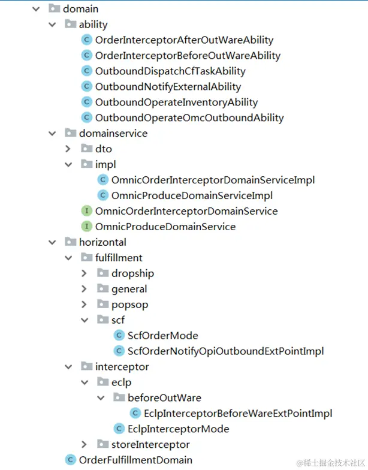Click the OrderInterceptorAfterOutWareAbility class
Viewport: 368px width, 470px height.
point(184,40)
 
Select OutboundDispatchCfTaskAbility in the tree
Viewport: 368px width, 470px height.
point(170,71)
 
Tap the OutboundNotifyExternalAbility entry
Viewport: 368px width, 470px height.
point(168,87)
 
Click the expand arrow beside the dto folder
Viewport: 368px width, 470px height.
point(68,149)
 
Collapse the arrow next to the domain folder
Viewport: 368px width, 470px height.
point(36,9)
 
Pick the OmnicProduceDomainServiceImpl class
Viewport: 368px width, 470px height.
point(192,195)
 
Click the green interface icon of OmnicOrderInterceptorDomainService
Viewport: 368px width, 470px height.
point(86,211)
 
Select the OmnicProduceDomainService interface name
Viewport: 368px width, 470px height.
point(165,227)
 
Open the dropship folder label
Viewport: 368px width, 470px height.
point(132,273)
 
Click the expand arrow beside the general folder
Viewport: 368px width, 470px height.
point(85,289)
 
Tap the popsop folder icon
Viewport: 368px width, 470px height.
point(102,305)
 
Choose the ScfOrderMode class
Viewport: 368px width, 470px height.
point(162,336)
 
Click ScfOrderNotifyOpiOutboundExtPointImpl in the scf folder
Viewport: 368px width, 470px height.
point(225,351)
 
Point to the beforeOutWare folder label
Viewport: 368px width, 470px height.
point(164,398)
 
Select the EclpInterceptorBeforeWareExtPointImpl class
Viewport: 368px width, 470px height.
point(237,414)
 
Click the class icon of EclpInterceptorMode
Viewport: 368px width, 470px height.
point(119,429)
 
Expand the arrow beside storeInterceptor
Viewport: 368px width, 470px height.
point(85,445)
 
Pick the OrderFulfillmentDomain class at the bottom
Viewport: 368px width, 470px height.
point(135,460)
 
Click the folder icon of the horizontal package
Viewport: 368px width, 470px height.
point(70,242)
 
